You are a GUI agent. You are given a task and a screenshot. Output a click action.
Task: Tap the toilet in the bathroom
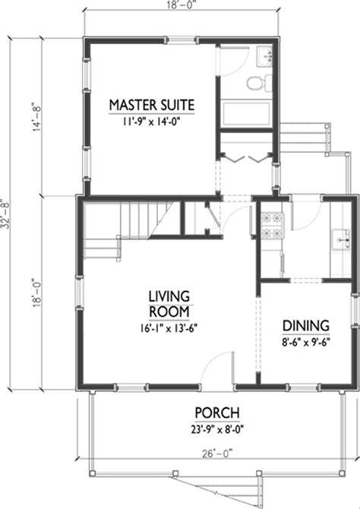coord(257,86)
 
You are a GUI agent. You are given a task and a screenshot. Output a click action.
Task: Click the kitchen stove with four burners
coord(270,226)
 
